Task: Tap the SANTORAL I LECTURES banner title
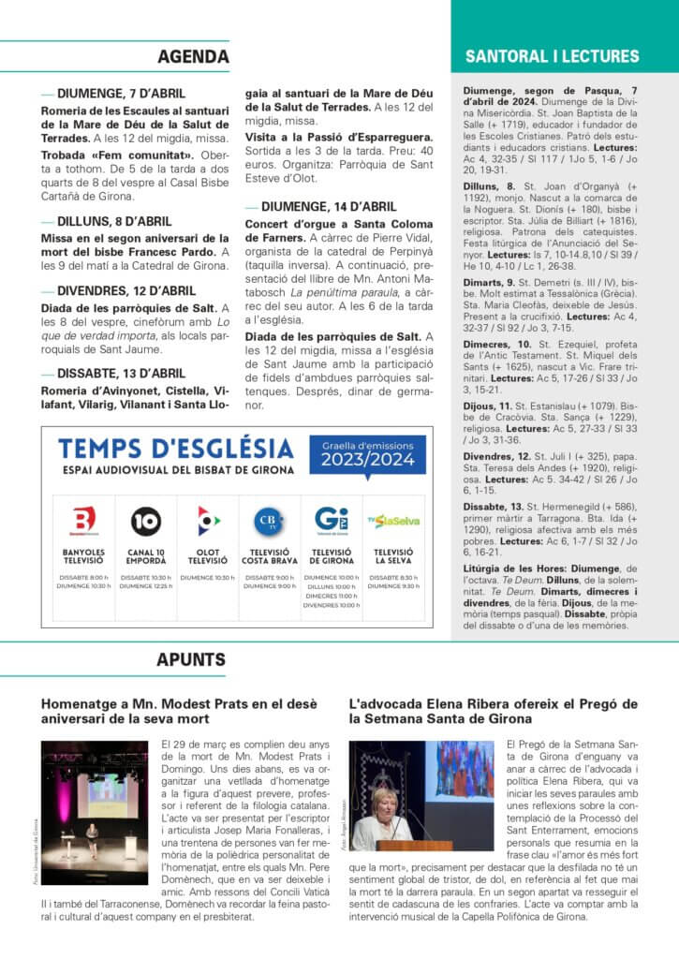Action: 565,57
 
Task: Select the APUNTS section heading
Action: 191,659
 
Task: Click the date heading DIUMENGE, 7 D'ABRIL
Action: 121,94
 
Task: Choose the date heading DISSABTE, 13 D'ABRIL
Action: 121,373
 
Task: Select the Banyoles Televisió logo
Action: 83,520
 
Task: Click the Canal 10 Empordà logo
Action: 145,520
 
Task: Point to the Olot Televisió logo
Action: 207,520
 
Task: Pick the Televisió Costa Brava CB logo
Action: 269,520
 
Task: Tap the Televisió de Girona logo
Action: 332,520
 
